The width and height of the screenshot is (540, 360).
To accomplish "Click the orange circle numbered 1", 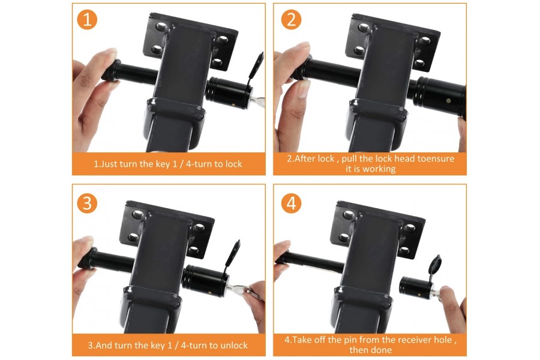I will point(87,19).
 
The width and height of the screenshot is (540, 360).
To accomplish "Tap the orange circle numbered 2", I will point(291,19).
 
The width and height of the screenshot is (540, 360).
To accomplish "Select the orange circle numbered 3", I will point(87,203).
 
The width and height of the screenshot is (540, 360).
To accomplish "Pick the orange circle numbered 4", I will point(291,203).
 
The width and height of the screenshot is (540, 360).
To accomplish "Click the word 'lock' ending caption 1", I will point(232,163).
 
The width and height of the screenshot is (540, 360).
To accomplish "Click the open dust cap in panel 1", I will point(257,67).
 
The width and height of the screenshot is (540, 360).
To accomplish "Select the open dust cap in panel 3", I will point(233,253).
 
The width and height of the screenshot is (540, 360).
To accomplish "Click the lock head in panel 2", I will point(441,95).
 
